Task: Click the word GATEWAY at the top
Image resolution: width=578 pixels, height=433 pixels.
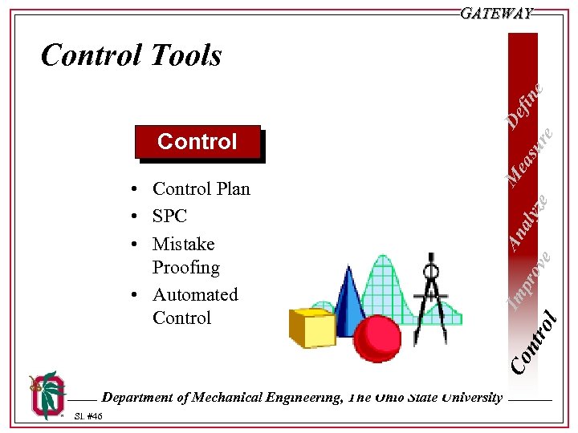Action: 497,14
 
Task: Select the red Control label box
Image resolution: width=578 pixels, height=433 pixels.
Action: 197,142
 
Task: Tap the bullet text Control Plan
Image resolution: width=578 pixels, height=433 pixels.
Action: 201,188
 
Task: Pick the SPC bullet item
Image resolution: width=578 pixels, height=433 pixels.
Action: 169,216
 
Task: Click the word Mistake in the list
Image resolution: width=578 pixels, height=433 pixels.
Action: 183,244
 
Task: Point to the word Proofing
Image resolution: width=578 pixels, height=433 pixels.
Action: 185,267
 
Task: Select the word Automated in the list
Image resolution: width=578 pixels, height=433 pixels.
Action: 195,294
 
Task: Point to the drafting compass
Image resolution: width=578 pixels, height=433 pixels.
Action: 434,296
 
